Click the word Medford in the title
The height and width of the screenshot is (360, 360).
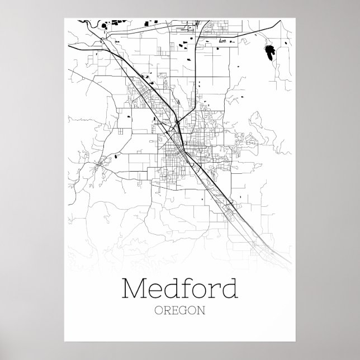pos(178,290)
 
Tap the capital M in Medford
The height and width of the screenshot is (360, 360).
pos(132,290)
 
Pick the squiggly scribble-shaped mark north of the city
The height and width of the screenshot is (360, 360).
pos(224,41)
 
